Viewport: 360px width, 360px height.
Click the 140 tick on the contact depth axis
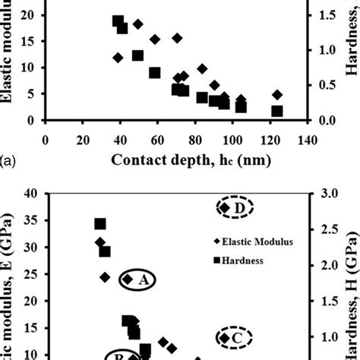[307, 139]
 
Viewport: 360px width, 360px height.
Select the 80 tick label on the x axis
[194, 139]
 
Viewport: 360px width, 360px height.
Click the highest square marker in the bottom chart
[99, 223]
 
